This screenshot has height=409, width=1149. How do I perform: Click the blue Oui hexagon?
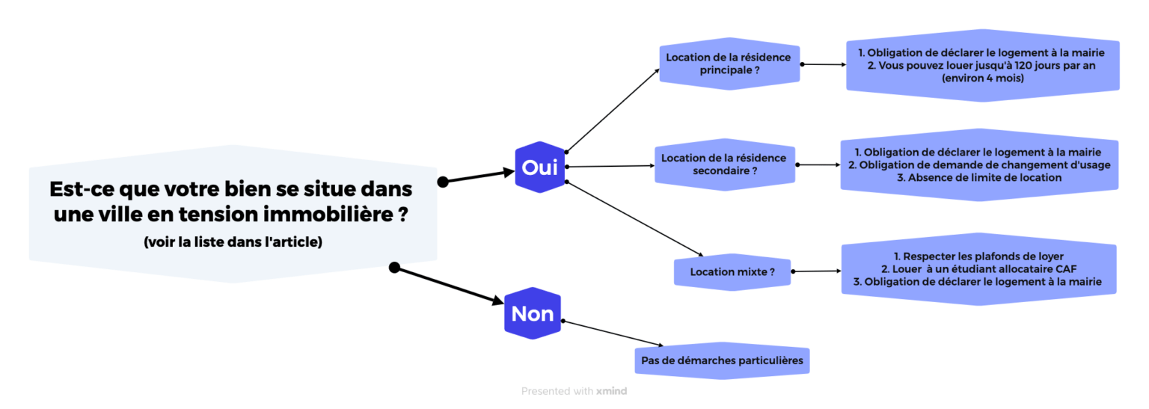coord(539,167)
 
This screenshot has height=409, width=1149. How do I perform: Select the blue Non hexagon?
coord(533,313)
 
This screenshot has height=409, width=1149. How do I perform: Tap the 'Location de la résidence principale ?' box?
coord(729,64)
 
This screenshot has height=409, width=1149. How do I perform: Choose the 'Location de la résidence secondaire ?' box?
coord(724,164)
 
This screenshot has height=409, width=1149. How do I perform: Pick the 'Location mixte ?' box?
coord(732,272)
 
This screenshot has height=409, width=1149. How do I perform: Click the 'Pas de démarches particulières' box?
coord(722,361)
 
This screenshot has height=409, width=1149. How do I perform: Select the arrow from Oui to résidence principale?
coord(613,110)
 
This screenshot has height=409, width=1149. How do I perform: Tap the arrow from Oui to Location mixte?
coord(634,218)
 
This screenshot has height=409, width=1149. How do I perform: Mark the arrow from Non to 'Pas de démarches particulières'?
coord(613,333)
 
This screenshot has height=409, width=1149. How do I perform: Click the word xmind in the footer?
coord(611,391)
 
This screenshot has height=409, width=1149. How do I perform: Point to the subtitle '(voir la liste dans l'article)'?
coord(233,242)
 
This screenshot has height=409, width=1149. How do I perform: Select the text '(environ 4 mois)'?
coord(983,79)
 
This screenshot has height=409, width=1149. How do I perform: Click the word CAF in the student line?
coord(1067,269)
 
